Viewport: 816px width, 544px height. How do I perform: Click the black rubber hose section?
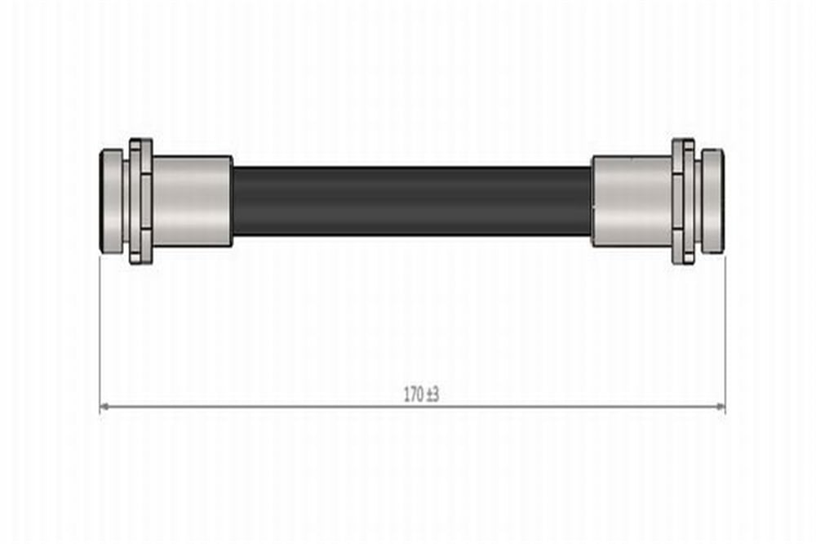[x=411, y=201]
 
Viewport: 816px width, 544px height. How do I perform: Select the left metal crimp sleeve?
[x=192, y=201]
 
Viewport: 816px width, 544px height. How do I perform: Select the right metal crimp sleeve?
[x=632, y=201]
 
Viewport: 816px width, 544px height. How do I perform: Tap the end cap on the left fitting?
[x=111, y=201]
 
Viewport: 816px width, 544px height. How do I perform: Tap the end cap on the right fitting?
[x=712, y=201]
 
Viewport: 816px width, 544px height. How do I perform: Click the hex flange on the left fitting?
[x=140, y=201]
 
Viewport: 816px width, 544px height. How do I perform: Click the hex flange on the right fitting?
[x=683, y=201]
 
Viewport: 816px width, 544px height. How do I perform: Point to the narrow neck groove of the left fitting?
[x=126, y=201]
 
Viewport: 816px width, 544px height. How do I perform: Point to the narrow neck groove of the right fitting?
[x=698, y=201]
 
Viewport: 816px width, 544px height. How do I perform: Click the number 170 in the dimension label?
[x=414, y=395]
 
